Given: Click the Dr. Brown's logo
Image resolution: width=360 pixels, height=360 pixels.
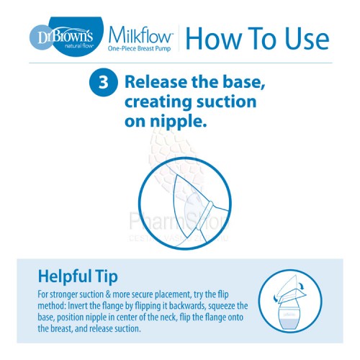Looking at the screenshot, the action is tap(67, 37).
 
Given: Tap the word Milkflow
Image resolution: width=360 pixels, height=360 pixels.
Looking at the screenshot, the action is tap(140, 35).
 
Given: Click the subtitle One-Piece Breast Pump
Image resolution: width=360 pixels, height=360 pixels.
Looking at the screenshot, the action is tap(139, 49).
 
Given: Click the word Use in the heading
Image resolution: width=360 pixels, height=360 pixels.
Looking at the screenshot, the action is tap(307, 38).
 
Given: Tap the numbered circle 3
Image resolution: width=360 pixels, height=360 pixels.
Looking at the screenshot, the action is tap(104, 82).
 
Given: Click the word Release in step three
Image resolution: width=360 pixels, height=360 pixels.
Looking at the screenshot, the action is tap(156, 82).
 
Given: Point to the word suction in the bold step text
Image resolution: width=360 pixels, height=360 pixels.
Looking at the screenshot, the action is tap(227, 102).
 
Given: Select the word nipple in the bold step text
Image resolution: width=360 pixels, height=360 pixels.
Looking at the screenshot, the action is tap(178, 122).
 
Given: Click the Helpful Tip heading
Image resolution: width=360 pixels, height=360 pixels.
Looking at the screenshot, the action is tap(78, 276).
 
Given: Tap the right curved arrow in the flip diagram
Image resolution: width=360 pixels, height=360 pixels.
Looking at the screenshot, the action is tap(302, 287).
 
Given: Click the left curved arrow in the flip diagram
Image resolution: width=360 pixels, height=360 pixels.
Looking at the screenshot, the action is tap(276, 299).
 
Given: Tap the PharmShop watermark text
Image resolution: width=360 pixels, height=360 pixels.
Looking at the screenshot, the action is tap(179, 221).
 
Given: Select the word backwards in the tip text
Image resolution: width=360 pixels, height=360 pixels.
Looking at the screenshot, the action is tap(187, 306).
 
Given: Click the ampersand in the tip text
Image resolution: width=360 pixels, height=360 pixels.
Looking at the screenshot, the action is tap(108, 294).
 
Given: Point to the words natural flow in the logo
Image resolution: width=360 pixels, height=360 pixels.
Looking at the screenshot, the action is tap(78, 45).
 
